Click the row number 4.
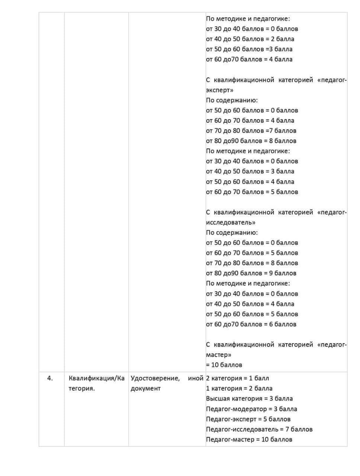[50, 378]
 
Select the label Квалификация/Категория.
[96, 383]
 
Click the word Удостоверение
[155, 378]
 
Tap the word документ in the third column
[146, 388]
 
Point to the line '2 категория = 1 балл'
[237, 378]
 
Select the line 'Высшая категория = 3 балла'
[249, 399]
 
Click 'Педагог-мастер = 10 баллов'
[249, 440]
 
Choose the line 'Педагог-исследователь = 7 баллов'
[259, 429]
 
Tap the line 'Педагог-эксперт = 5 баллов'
[248, 419]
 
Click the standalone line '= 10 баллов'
[224, 365]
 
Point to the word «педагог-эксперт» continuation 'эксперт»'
[219, 90]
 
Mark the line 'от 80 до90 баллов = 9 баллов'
[251, 273]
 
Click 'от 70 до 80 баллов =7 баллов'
[251, 131]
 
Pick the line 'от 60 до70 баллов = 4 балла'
[249, 59]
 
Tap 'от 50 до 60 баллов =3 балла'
[249, 49]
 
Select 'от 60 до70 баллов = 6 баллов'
[251, 324]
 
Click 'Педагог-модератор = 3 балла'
[251, 409]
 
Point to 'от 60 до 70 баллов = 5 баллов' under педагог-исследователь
[252, 253]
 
